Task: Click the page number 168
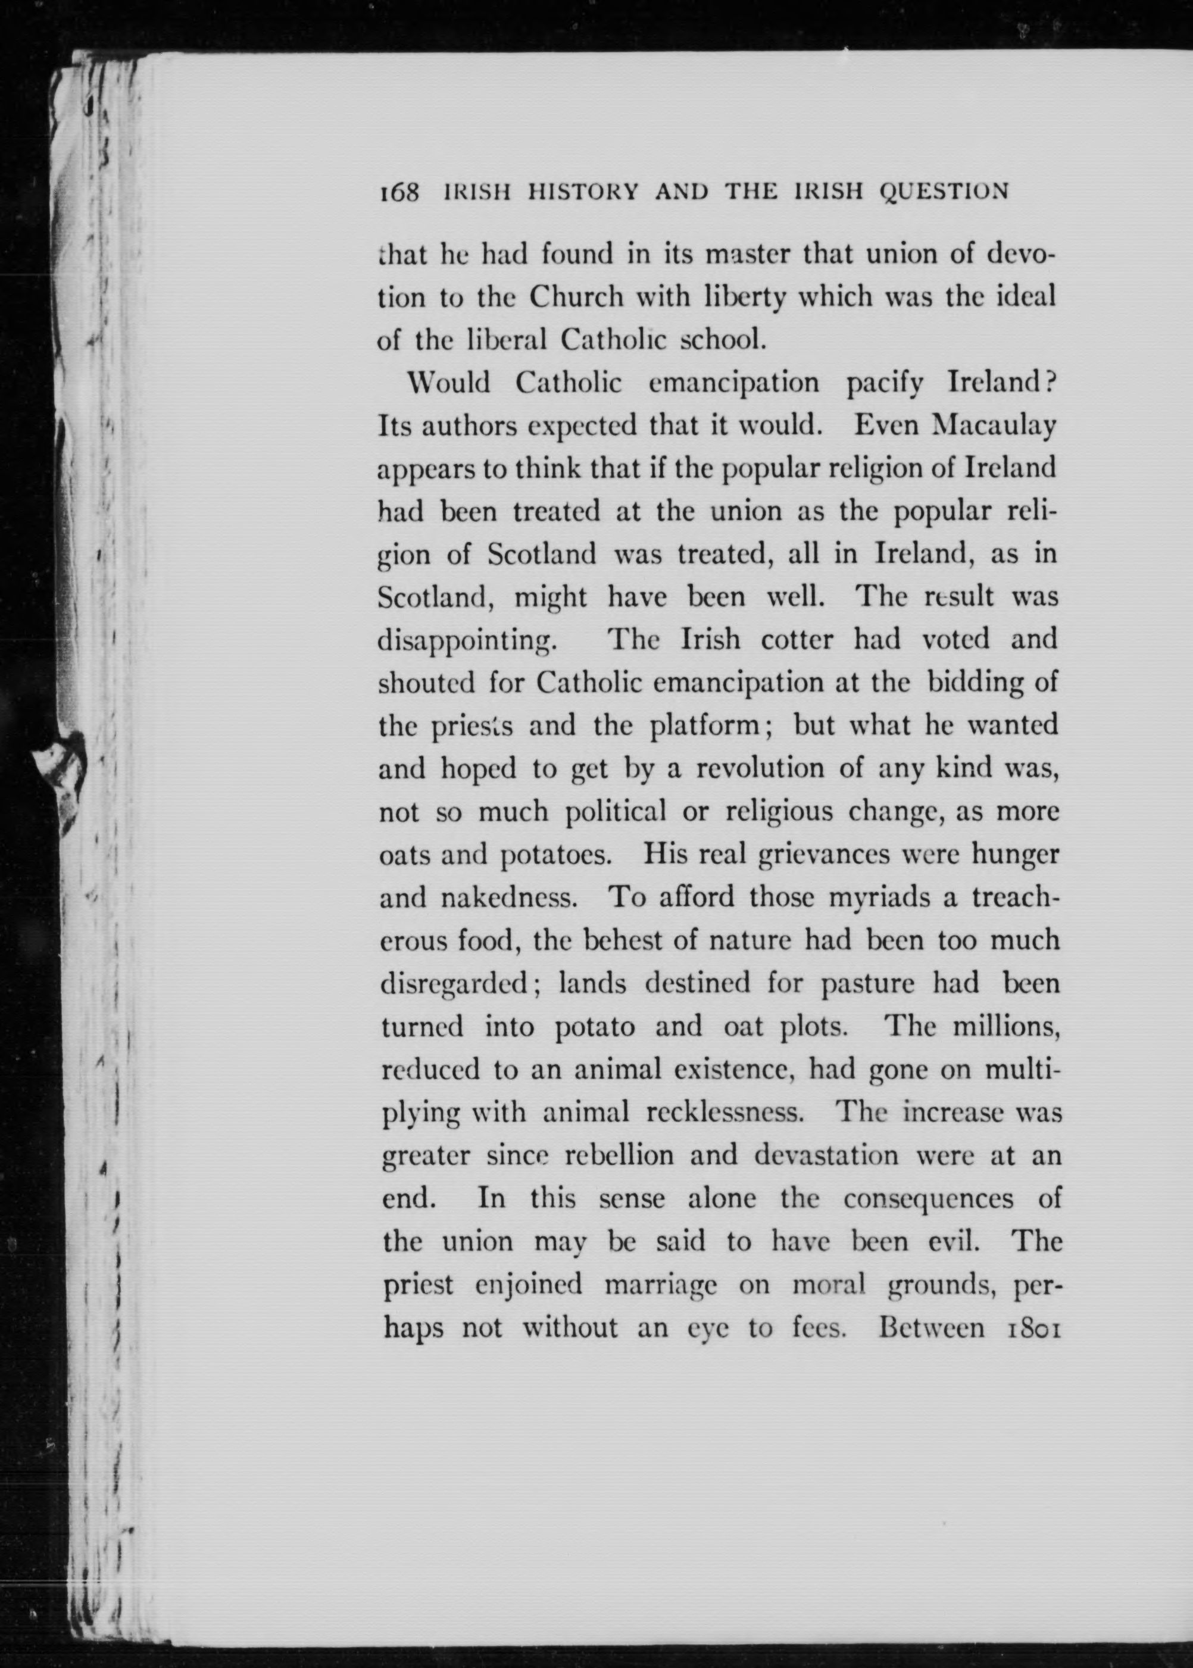pyautogui.click(x=398, y=192)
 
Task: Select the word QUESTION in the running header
pyautogui.click(x=944, y=192)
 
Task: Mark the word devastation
pyautogui.click(x=826, y=1156)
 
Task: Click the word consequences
pyautogui.click(x=928, y=1200)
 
